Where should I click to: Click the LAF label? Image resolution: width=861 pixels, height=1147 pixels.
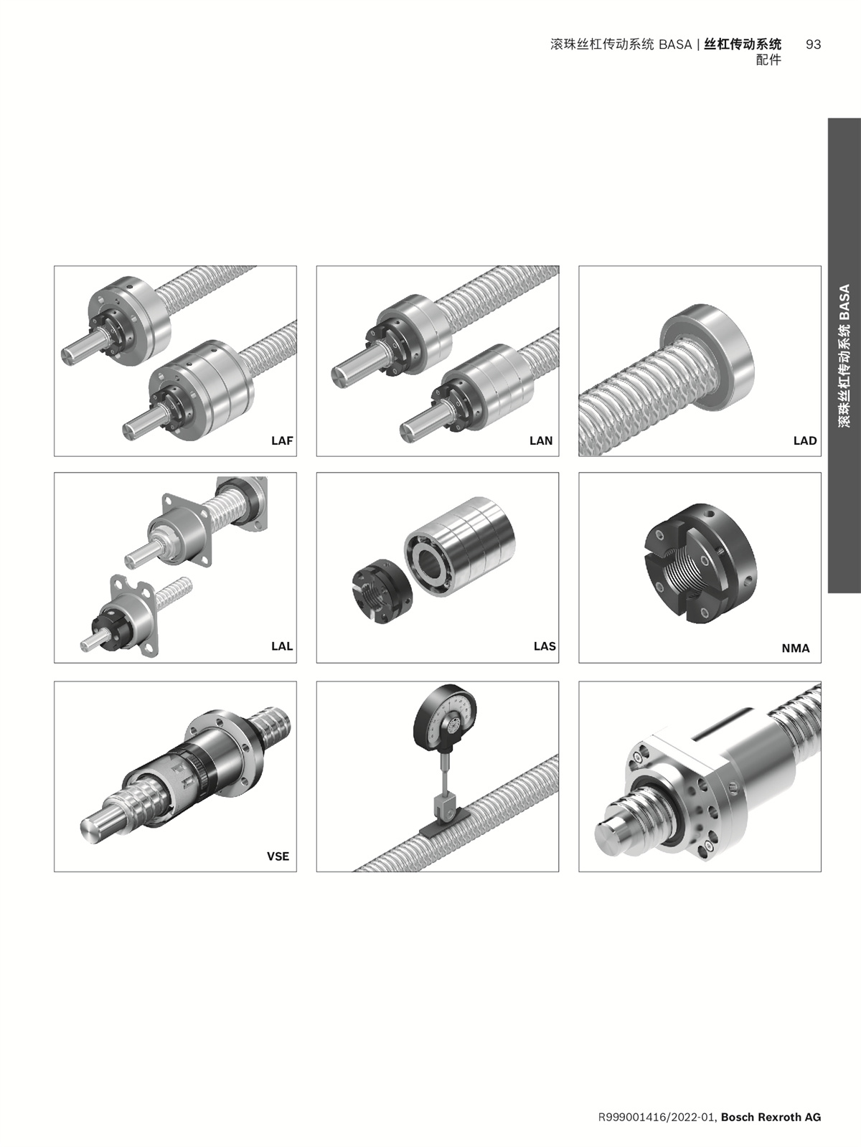(282, 440)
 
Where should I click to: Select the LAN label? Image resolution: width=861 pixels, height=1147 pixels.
(541, 440)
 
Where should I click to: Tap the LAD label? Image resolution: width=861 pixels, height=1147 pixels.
(805, 440)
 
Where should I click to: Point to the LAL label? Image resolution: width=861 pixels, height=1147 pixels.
(282, 646)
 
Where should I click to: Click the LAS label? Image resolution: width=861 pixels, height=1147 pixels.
(545, 646)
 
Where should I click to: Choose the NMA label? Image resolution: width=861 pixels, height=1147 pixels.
(796, 648)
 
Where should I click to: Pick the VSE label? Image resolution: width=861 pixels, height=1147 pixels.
(278, 856)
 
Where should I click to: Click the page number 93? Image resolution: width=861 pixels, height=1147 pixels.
(814, 44)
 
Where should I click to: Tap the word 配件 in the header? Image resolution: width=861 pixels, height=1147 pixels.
(768, 60)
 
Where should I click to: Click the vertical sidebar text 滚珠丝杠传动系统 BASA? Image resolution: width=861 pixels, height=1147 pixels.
(844, 356)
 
